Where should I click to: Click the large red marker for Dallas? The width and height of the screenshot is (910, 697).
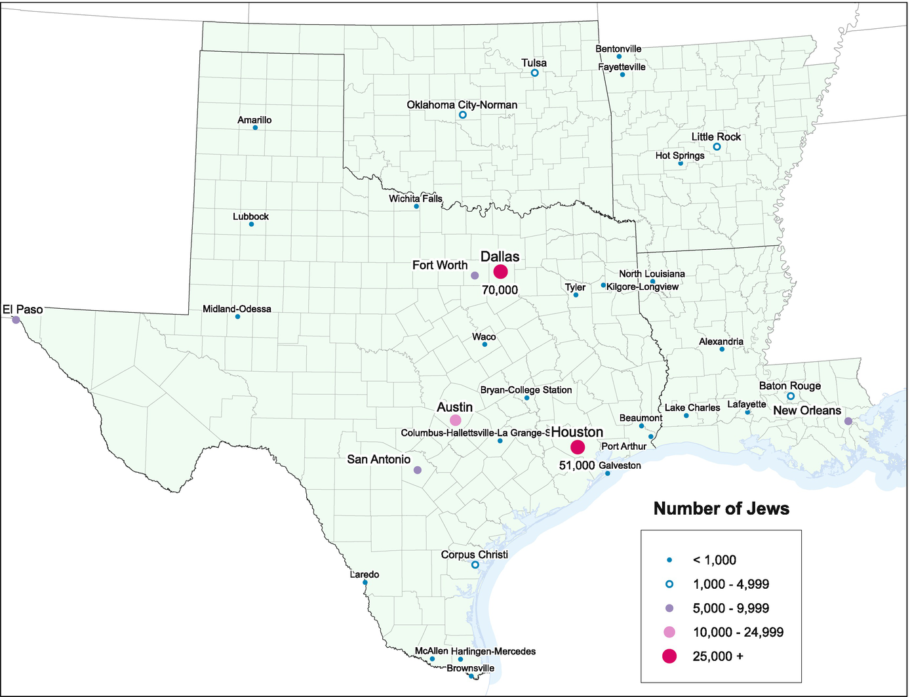point(501,272)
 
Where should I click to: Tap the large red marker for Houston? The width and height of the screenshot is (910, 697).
point(578,447)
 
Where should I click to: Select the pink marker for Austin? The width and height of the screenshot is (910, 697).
point(456,420)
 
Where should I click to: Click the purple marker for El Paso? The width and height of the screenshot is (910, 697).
point(16,320)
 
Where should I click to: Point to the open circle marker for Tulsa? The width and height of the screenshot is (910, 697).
point(534,73)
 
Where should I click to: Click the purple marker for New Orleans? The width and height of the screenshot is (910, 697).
point(848,421)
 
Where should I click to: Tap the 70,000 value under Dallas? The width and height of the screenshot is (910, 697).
point(500,290)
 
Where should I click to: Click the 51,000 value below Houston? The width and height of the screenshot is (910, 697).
point(577,466)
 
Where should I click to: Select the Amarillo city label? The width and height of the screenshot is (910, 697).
point(254,120)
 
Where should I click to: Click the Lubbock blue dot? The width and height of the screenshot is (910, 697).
point(251,224)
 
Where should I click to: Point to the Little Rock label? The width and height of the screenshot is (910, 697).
point(716,136)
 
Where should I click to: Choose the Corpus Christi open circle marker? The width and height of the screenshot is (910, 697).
point(475,565)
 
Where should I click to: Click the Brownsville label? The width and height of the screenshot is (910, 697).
point(470,668)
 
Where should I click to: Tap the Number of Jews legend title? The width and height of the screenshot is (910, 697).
point(721,509)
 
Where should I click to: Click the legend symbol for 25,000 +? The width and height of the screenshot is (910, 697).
point(669,656)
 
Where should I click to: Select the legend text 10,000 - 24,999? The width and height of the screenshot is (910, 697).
point(738,632)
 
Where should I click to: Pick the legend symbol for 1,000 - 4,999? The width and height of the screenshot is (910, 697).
point(669,584)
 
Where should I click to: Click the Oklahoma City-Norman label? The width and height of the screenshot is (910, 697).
point(462,105)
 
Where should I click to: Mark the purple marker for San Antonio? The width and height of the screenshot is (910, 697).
point(418,470)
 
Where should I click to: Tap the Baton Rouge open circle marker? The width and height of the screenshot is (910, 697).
point(791,396)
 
